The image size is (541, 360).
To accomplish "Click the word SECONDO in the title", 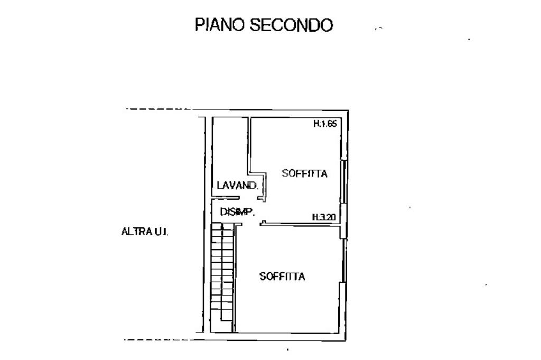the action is pyautogui.click(x=292, y=25).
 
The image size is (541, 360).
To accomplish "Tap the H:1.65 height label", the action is pyautogui.click(x=325, y=124).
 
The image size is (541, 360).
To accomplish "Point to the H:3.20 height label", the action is pyautogui.click(x=324, y=217).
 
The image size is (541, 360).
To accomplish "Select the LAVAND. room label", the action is pyautogui.click(x=237, y=186).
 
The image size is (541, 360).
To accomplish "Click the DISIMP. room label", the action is pyautogui.click(x=237, y=211).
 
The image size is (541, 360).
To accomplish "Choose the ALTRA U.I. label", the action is pyautogui.click(x=145, y=231).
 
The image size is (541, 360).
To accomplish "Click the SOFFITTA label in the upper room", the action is pyautogui.click(x=304, y=173).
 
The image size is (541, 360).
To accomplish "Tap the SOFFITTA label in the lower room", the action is pyautogui.click(x=282, y=276).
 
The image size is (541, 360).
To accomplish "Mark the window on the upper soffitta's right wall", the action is pyautogui.click(x=343, y=181).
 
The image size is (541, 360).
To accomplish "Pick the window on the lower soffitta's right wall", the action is pyautogui.click(x=343, y=260).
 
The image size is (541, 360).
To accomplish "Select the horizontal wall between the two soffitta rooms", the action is pyautogui.click(x=301, y=224).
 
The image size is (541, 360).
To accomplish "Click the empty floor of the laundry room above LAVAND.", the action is pyautogui.click(x=230, y=149).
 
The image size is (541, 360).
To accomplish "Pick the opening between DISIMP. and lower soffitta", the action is pyautogui.click(x=251, y=224).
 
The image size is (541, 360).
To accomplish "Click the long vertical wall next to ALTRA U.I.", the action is pyautogui.click(x=204, y=224).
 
